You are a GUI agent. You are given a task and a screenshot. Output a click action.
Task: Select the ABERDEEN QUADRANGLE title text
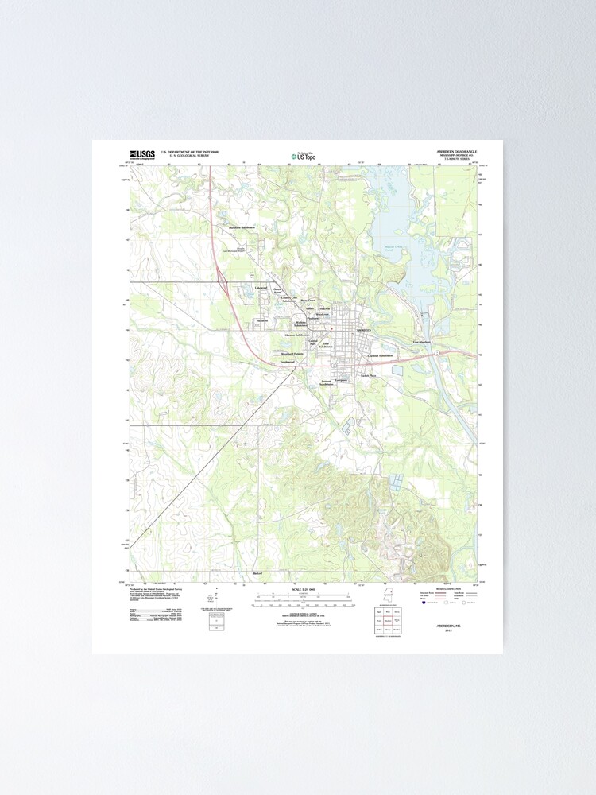pyautogui.click(x=456, y=150)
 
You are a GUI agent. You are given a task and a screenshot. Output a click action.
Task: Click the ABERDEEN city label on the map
pyautogui.click(x=362, y=329)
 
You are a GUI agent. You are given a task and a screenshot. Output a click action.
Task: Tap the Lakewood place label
pyautogui.click(x=260, y=287)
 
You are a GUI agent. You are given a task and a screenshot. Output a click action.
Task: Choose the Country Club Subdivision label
pyautogui.click(x=288, y=300)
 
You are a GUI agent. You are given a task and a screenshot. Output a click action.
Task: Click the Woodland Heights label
pyautogui.click(x=292, y=353)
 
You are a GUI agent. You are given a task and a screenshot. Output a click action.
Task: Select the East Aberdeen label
pyautogui.click(x=421, y=342)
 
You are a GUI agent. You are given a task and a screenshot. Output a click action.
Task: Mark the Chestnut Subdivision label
pyautogui.click(x=381, y=355)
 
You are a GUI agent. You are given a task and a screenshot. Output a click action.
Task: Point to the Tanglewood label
pyautogui.click(x=287, y=362)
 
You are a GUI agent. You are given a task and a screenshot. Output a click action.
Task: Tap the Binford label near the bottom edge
pyautogui.click(x=257, y=572)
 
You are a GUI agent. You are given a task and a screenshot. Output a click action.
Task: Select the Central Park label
pyautogui.click(x=312, y=342)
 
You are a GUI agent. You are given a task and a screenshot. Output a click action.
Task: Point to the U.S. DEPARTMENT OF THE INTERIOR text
pyautogui.click(x=189, y=150)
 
